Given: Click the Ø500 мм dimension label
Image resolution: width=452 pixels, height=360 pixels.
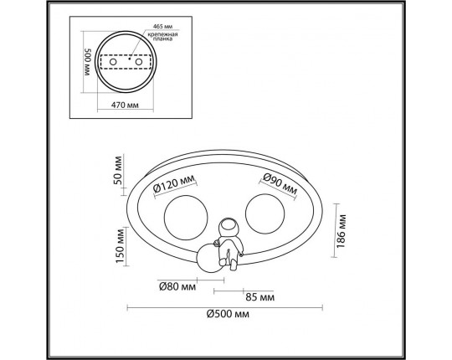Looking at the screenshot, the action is click(x=228, y=314).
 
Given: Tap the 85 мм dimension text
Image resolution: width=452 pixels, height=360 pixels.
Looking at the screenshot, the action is click(x=259, y=297).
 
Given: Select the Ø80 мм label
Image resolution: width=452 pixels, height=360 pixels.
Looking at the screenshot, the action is click(x=177, y=286).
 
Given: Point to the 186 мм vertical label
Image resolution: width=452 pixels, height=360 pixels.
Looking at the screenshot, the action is click(x=341, y=230).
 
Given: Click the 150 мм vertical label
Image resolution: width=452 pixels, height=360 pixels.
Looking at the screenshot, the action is click(x=120, y=245).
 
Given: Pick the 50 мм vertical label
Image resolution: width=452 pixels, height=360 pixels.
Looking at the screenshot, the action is click(x=118, y=171).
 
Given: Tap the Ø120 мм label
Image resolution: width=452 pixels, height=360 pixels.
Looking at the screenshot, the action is click(x=174, y=184).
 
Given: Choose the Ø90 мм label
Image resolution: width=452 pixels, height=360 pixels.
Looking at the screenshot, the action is click(x=280, y=184).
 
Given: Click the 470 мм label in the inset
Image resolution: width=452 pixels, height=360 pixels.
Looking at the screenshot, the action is click(x=125, y=105).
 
